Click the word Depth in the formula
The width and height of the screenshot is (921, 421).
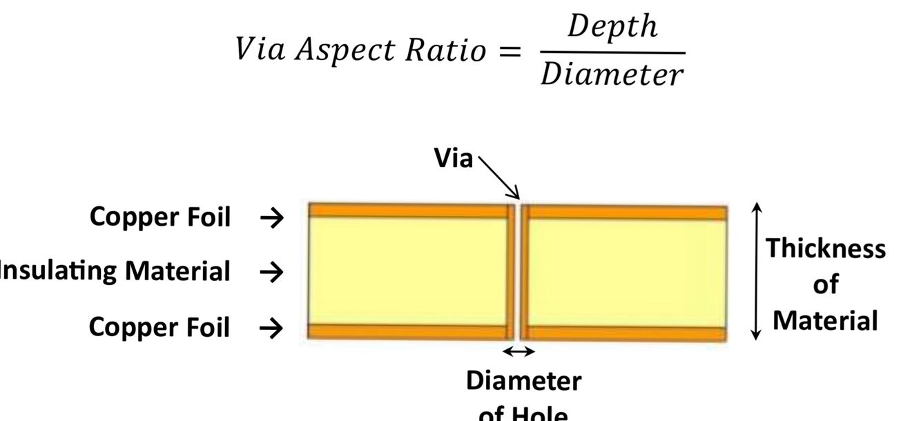click(612, 28)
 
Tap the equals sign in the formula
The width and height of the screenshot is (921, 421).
click(508, 52)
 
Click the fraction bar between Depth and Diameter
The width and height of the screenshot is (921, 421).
click(612, 52)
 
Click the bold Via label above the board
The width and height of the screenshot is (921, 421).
click(454, 159)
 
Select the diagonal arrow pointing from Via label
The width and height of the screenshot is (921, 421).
click(499, 178)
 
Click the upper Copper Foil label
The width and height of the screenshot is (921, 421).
click(160, 217)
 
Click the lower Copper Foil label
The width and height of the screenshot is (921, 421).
click(159, 327)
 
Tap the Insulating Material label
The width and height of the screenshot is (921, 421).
click(115, 271)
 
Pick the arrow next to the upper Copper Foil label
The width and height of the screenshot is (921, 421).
click(271, 218)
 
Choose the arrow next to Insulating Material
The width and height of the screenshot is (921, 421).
click(271, 273)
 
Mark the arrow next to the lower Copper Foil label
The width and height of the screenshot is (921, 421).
click(271, 329)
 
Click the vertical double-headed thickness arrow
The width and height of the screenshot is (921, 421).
click(757, 271)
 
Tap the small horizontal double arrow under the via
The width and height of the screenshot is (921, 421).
click(518, 352)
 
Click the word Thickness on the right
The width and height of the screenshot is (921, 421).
click(826, 248)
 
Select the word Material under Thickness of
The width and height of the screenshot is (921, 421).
click(825, 321)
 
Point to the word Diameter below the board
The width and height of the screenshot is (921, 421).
click(523, 380)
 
